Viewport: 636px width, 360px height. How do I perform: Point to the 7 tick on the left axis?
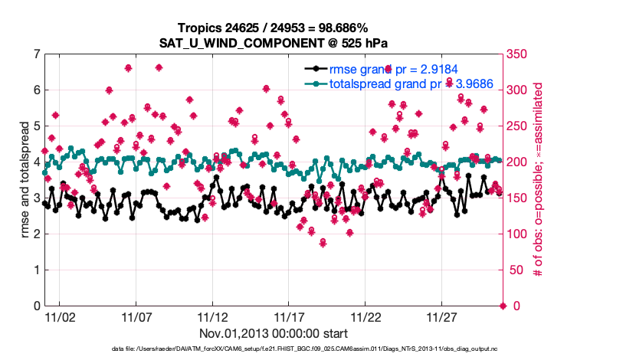36,54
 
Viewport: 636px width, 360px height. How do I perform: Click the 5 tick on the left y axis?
36,126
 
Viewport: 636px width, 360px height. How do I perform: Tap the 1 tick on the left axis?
36,270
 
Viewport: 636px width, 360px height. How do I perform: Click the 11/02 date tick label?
60,317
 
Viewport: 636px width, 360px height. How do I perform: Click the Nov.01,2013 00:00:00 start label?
274,333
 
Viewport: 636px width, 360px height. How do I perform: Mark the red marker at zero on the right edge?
503,306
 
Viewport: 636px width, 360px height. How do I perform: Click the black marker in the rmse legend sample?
315,69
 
